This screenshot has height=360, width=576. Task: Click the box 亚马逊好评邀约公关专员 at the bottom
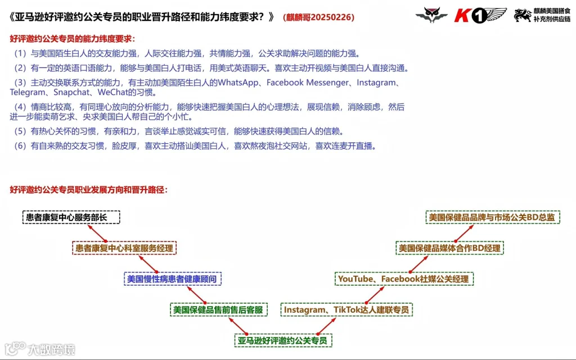[x=282, y=340]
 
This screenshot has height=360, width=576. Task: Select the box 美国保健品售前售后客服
[x=219, y=309]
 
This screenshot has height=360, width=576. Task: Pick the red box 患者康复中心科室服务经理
[x=125, y=247]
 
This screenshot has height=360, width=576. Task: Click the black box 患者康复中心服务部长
[x=71, y=217]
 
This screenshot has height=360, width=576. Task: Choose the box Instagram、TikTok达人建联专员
[x=347, y=309]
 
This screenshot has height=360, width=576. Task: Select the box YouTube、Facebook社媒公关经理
[x=404, y=278]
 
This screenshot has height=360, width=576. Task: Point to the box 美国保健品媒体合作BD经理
[x=449, y=247]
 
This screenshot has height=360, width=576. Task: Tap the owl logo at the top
[x=431, y=15]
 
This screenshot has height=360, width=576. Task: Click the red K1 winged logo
[x=480, y=16]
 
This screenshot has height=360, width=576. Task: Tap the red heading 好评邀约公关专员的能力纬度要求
[x=73, y=39]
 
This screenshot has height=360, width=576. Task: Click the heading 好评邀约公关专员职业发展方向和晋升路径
[x=89, y=190]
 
